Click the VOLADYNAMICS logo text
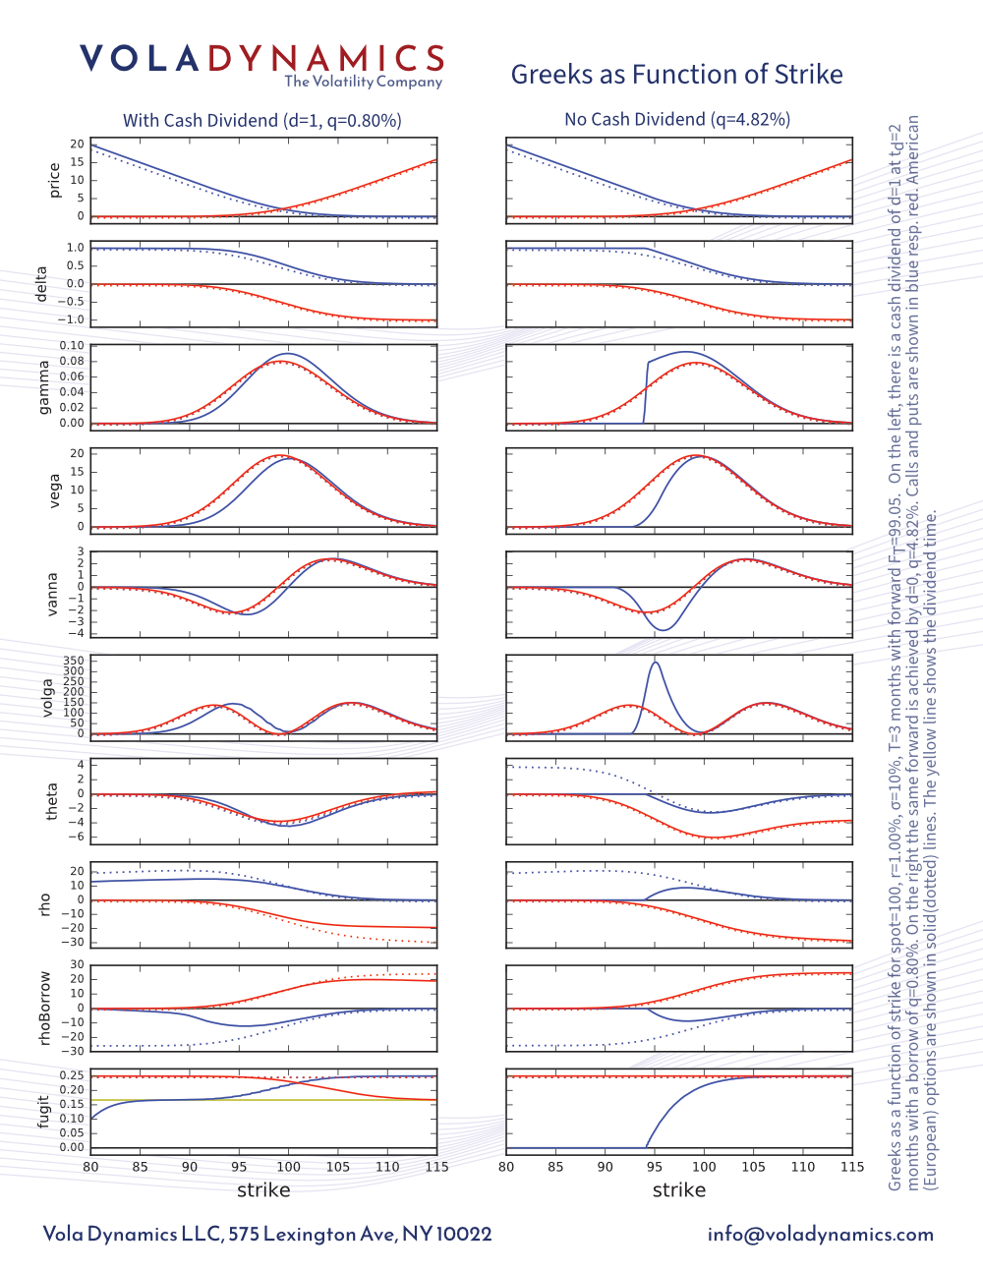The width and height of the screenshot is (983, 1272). (262, 59)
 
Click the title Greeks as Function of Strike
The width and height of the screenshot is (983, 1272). (676, 75)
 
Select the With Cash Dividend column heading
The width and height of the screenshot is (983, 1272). (261, 120)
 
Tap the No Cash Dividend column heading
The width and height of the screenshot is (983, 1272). (677, 119)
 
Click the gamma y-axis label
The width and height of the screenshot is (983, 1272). (44, 386)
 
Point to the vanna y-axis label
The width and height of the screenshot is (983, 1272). (52, 594)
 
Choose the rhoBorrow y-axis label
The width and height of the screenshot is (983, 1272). (44, 1008)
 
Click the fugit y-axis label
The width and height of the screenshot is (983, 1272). (43, 1112)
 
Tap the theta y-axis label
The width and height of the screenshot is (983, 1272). (52, 801)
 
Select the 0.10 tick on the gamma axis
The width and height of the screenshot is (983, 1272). (72, 346)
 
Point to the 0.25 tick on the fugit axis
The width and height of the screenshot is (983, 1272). (72, 1075)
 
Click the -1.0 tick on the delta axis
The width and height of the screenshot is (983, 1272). (72, 320)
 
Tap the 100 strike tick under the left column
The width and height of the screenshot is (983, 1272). (288, 1167)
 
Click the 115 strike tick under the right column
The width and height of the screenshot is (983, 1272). (852, 1167)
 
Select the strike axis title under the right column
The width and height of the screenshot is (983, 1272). (679, 1190)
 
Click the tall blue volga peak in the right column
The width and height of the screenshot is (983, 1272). (655, 664)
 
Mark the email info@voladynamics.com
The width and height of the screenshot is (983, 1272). (821, 1235)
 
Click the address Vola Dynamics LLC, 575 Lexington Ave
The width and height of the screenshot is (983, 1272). (267, 1235)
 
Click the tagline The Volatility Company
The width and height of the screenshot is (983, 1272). (364, 83)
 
